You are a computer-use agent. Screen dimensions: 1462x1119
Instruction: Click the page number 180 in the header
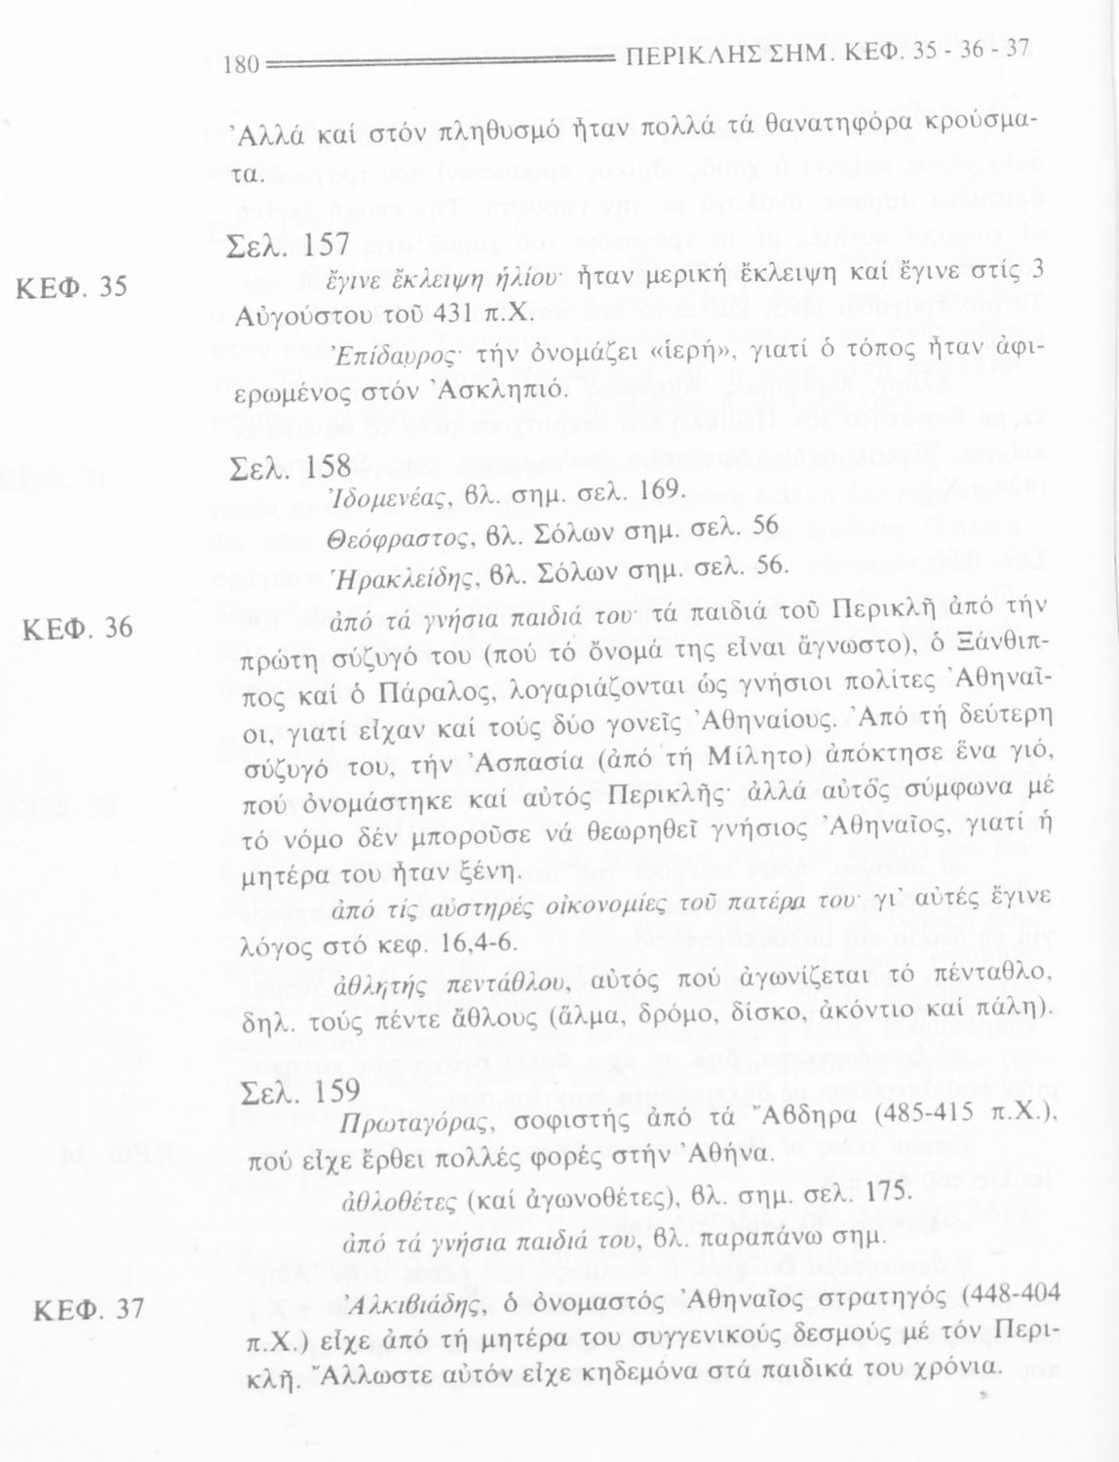pyautogui.click(x=240, y=65)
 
